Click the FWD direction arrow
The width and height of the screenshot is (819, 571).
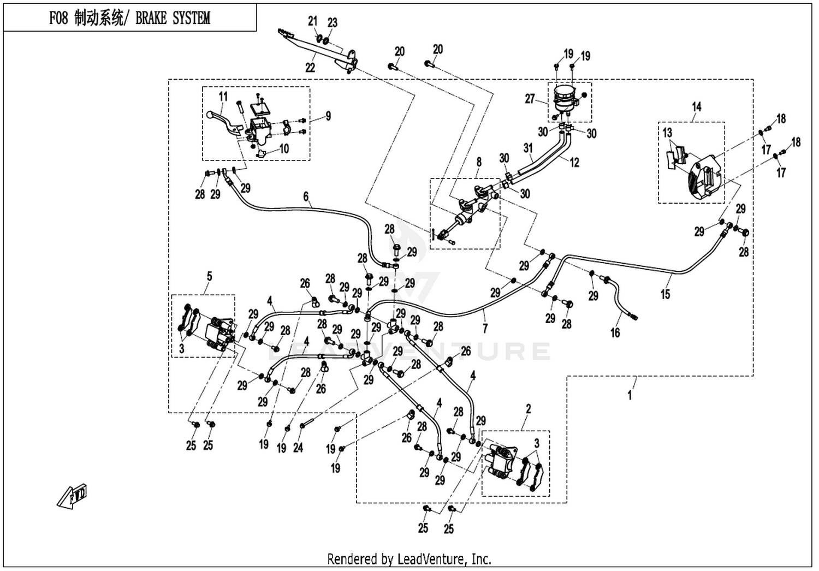[73, 497]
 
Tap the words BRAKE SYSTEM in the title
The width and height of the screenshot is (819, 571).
[173, 18]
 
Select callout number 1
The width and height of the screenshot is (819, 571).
[629, 395]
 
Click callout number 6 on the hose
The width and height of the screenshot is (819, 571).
[306, 197]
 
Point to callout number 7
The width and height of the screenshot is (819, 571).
[485, 328]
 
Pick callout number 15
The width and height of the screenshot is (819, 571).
[665, 294]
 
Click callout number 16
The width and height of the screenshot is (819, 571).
[615, 332]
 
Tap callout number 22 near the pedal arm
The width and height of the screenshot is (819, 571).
[310, 68]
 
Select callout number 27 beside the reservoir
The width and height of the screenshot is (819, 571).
[530, 99]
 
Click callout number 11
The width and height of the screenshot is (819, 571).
[223, 97]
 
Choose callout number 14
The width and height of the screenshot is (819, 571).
[697, 107]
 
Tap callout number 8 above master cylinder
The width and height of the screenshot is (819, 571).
[479, 162]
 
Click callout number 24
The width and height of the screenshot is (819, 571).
[298, 448]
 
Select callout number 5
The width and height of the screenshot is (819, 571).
[209, 276]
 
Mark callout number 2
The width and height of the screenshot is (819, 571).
[528, 409]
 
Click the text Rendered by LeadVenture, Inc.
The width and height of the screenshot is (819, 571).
[409, 559]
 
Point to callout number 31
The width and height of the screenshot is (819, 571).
[527, 148]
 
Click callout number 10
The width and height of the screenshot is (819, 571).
[284, 149]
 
